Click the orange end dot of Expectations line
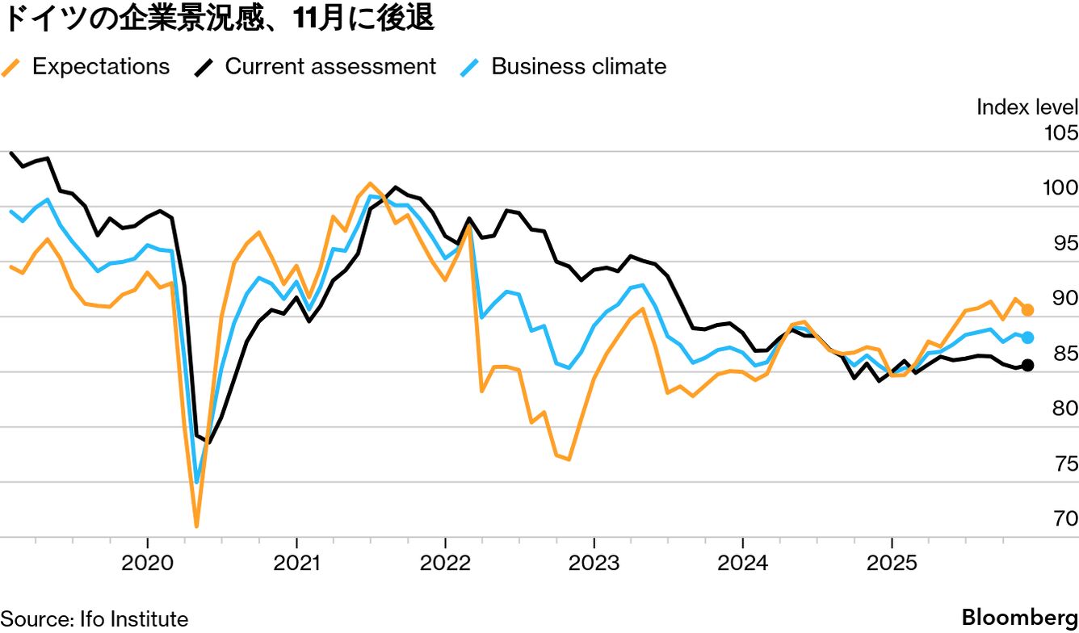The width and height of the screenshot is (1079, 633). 1028,310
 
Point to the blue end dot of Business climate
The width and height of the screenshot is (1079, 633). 1028,337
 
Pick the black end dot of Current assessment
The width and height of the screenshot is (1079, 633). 1028,365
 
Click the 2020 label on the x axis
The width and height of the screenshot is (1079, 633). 147,563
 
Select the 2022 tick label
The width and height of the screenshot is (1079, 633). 445,563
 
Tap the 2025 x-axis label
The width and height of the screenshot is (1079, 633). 891,563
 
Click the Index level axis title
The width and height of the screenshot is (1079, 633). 1027,107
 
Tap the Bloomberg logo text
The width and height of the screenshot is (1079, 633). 1019,618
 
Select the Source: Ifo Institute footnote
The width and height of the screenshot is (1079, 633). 94,619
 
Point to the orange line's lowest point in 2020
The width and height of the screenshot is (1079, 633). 196,526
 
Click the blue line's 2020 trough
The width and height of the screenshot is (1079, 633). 197,482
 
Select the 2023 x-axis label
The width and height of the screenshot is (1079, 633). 594,563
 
